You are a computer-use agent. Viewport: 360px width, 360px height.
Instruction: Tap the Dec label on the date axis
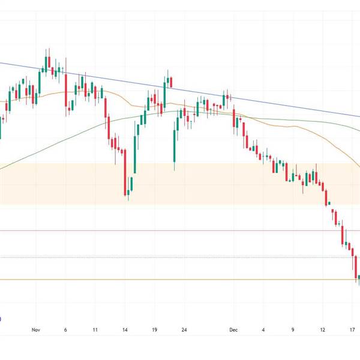click(x=233, y=330)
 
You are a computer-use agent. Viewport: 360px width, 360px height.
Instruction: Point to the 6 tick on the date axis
click(x=65, y=330)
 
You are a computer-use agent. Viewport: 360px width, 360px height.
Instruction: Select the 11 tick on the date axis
click(x=95, y=330)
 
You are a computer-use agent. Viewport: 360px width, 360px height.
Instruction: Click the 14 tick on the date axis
click(x=125, y=330)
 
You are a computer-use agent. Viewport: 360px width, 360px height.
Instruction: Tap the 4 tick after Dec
click(x=263, y=330)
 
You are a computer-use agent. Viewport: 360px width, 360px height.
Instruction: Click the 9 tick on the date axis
click(x=293, y=330)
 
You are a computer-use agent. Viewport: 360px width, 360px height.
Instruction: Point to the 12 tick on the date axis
click(x=323, y=330)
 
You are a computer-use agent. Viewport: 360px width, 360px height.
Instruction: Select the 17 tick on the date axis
click(x=353, y=330)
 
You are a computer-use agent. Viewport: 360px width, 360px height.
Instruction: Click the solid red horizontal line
click(x=180, y=230)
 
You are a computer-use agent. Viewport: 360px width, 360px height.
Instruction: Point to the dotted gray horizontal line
click(x=180, y=257)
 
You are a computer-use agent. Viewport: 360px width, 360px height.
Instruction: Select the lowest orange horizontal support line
click(x=180, y=280)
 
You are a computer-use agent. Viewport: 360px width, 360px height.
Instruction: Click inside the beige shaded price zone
click(x=60, y=183)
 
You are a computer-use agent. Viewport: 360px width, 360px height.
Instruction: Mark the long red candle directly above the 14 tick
click(x=125, y=173)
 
